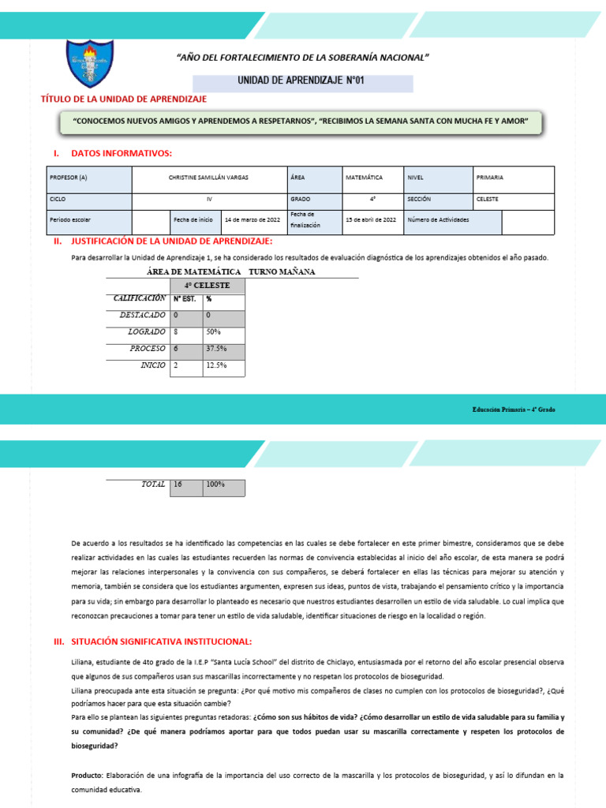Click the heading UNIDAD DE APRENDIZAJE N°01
[301, 81]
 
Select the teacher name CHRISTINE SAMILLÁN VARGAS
[208, 178]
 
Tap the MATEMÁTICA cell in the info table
[365, 178]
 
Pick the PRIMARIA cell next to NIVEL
[490, 178]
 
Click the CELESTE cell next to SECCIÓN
[488, 200]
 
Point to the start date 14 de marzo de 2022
[252, 220]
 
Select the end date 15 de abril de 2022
[371, 220]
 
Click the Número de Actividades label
[438, 220]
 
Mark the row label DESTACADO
[142, 315]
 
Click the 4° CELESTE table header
[208, 286]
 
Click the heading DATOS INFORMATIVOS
[121, 153]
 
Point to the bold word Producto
[86, 776]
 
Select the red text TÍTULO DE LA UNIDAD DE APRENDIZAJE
[123, 99]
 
